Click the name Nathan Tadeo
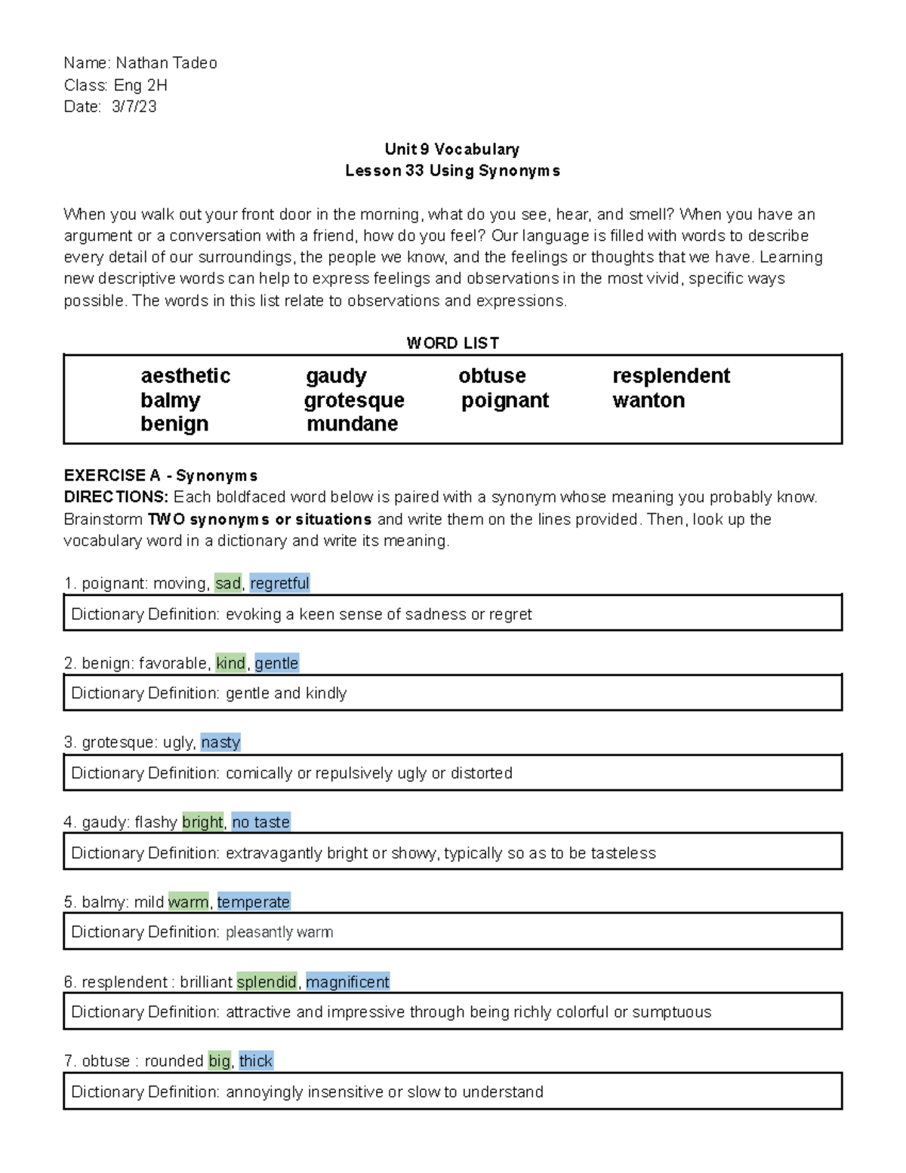point(166,63)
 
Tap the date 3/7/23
point(134,106)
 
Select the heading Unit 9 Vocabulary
point(451,149)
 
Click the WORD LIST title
point(452,343)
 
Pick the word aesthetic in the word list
point(185,376)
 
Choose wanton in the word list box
point(648,400)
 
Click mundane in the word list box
point(352,424)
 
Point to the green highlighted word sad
point(227,583)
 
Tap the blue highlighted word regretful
point(279,583)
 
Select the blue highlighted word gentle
point(276,663)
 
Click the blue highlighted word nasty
point(220,742)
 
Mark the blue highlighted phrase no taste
point(260,822)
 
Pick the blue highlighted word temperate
point(253,902)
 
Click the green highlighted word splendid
point(267,982)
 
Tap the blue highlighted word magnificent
point(347,982)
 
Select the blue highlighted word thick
point(255,1061)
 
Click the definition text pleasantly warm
point(279,932)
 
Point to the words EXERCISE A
point(112,476)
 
